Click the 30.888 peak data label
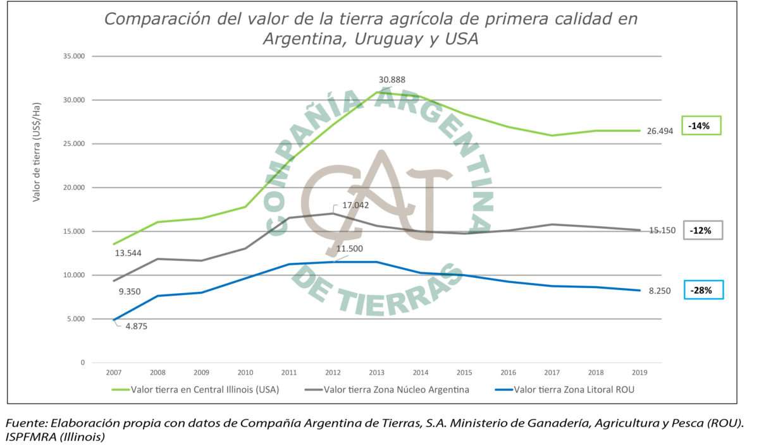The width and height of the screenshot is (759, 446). tap(392, 80)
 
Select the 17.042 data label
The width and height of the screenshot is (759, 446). tap(355, 205)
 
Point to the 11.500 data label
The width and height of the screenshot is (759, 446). tap(350, 249)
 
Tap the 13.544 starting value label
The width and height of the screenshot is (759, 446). tap(128, 253)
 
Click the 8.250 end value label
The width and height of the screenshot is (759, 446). tap(659, 291)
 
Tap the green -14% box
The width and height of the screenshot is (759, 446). tap(700, 126)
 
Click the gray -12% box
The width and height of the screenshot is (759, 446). tap(700, 231)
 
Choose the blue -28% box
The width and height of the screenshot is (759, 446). tap(702, 291)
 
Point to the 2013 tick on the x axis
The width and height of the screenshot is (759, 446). tap(378, 373)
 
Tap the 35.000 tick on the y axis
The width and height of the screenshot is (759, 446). tap(75, 56)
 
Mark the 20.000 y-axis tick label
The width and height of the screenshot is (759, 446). tap(75, 188)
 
